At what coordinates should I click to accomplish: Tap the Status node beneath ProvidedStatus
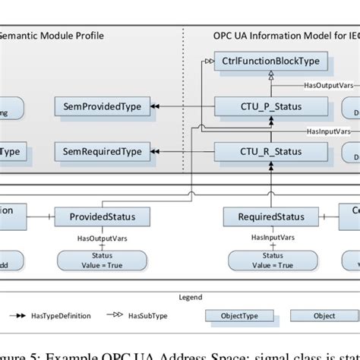(x=102, y=261)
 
